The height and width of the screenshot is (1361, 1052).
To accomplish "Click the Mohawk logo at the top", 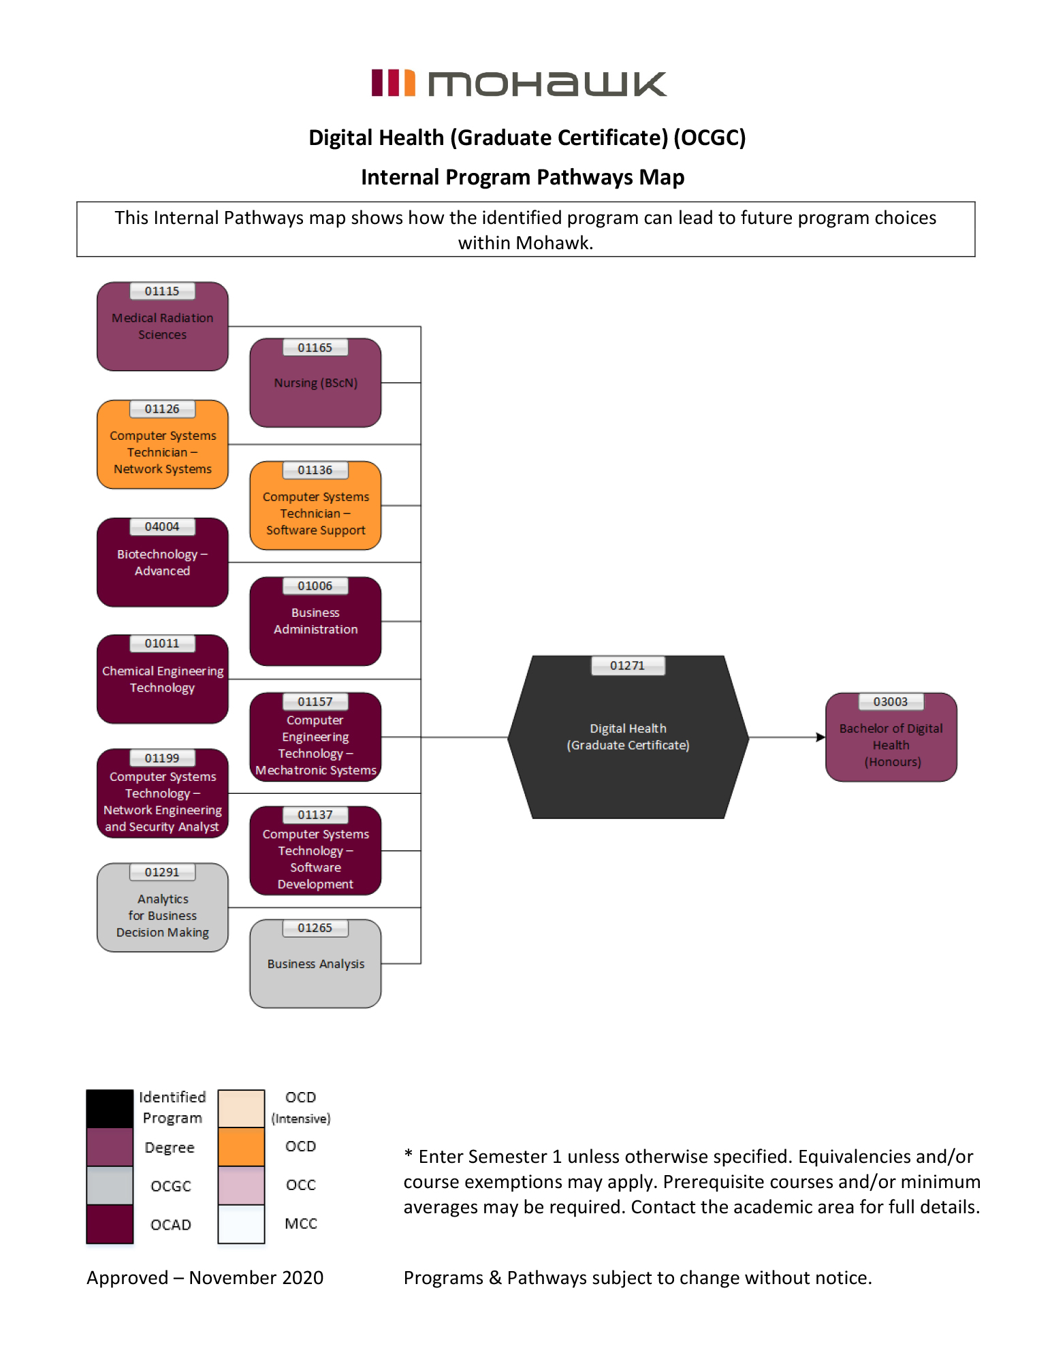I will tap(519, 84).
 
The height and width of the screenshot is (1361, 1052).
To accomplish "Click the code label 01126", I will tap(162, 409).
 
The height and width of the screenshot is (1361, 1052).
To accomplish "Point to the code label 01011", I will tap(162, 644).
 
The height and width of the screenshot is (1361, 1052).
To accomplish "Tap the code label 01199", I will tap(162, 758).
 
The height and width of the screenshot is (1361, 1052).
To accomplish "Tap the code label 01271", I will tap(627, 666).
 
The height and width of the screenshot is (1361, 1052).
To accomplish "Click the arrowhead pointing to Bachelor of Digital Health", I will tap(820, 737).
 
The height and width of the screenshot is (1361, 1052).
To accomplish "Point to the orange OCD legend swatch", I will tap(241, 1147).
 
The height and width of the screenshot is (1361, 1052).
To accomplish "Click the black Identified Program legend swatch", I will tap(110, 1108).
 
